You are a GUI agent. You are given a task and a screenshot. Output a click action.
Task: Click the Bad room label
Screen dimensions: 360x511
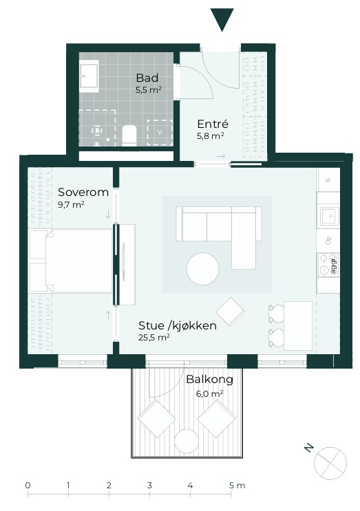147,78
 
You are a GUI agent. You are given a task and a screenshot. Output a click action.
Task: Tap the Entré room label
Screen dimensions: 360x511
213,124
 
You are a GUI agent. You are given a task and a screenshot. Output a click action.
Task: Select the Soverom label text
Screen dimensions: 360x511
83,192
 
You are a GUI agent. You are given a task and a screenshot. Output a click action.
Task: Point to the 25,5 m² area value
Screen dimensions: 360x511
154,337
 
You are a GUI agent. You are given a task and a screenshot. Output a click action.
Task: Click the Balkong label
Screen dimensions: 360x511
210,380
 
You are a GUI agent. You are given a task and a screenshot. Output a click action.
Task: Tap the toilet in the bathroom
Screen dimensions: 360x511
129,135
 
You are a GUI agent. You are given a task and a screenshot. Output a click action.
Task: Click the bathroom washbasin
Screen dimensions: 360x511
89,76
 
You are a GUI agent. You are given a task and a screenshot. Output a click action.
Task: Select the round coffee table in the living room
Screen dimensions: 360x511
203,269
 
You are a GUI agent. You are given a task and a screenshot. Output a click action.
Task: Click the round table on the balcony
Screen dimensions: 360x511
187,442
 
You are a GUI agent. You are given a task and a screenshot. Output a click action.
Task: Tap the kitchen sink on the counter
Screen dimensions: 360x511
330,216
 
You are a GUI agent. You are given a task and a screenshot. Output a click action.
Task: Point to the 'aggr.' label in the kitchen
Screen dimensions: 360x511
333,265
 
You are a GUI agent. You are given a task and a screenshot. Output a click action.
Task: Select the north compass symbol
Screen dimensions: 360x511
330,463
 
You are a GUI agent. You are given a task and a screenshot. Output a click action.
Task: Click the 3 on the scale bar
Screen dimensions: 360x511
149,486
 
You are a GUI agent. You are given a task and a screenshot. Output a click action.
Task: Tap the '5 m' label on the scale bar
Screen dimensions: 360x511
237,486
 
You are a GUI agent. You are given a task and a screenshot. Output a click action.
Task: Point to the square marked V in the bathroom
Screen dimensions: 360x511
160,132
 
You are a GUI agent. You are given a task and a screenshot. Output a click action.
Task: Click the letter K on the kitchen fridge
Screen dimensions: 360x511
328,180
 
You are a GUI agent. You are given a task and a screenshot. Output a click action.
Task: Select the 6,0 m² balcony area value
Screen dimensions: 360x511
210,393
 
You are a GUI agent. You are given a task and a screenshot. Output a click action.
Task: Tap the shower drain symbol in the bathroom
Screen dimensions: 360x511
97,131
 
